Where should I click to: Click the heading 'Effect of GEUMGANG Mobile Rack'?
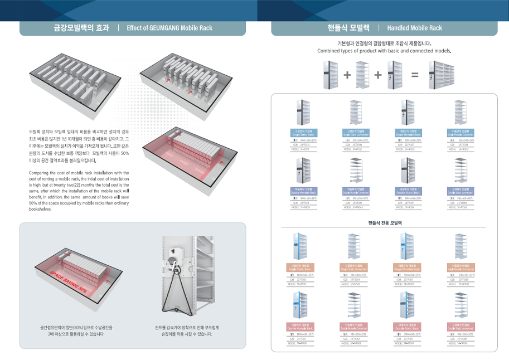tap(169, 28)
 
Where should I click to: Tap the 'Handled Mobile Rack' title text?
tap(414, 28)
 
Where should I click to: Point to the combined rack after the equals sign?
tap(448, 75)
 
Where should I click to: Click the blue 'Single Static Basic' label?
tap(303, 133)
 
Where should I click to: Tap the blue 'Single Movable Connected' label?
tap(461, 133)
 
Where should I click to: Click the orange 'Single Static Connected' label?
tap(355, 267)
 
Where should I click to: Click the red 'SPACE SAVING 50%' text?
tap(67, 282)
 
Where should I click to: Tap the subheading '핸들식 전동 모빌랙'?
tap(385, 222)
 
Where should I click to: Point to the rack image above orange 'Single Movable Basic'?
tap(408, 246)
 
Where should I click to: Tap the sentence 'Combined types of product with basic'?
tap(384, 51)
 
